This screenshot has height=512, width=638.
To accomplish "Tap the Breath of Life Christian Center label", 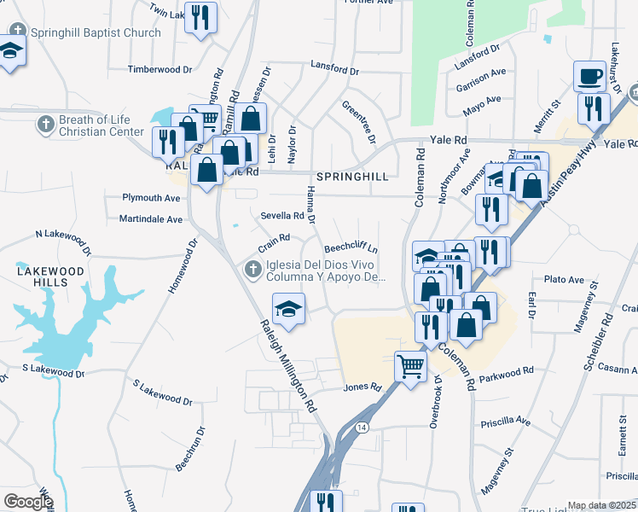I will coord(101,126).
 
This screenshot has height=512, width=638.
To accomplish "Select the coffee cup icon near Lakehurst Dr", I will coord(589,78).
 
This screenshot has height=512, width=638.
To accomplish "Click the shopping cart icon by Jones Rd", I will coord(410,369).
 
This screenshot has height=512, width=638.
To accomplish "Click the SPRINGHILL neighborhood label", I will coord(351,177).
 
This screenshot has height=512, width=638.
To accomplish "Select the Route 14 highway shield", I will coord(362,426).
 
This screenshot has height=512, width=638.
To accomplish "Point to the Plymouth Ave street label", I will coord(152,198).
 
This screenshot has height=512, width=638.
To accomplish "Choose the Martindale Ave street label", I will coord(151,219).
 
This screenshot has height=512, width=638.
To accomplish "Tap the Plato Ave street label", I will coord(564,280).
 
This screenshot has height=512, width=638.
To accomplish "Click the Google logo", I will coord(27,502).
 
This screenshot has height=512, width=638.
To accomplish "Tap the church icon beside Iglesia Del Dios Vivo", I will coord(252,271).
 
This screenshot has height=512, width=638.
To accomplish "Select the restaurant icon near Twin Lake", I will coord(200,19).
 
